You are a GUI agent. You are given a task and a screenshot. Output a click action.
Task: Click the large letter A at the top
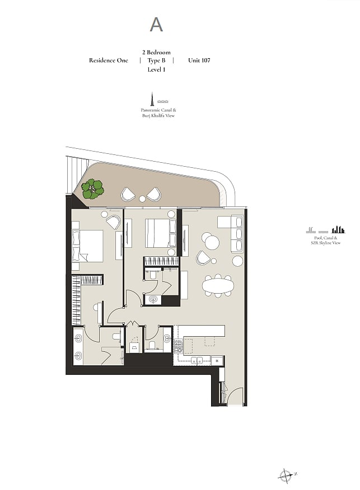pos(156,25)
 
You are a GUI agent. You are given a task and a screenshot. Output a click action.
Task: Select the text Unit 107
pos(199,60)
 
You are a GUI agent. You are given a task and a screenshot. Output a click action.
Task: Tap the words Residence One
pos(109,60)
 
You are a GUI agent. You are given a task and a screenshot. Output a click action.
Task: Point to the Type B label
pos(156,60)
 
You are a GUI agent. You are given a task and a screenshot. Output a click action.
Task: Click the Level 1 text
pos(156,69)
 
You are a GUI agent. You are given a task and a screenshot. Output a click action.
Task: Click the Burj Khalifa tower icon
pos(152,99)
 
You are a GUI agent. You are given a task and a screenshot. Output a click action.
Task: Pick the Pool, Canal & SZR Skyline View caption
pos(326,241)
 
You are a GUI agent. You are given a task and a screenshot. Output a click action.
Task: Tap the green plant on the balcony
pos(92,189)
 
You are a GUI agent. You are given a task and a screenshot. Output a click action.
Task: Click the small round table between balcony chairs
pos(142,199)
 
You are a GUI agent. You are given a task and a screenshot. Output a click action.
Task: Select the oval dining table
pos(218,285)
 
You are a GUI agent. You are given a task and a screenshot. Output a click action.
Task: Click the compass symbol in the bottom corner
pos(286,476)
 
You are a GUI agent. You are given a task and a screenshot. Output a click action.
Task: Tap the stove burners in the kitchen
pos(178,346)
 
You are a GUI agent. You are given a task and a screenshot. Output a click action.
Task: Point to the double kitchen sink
pos(197,360)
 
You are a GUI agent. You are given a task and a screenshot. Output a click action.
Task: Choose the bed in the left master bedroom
pos(87,246)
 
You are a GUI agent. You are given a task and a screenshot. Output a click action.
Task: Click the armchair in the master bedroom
pos(113,222)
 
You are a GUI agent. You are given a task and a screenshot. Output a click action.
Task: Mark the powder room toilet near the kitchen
pos(152,346)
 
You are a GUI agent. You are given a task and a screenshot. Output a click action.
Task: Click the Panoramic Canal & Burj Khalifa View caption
pos(158,113)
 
